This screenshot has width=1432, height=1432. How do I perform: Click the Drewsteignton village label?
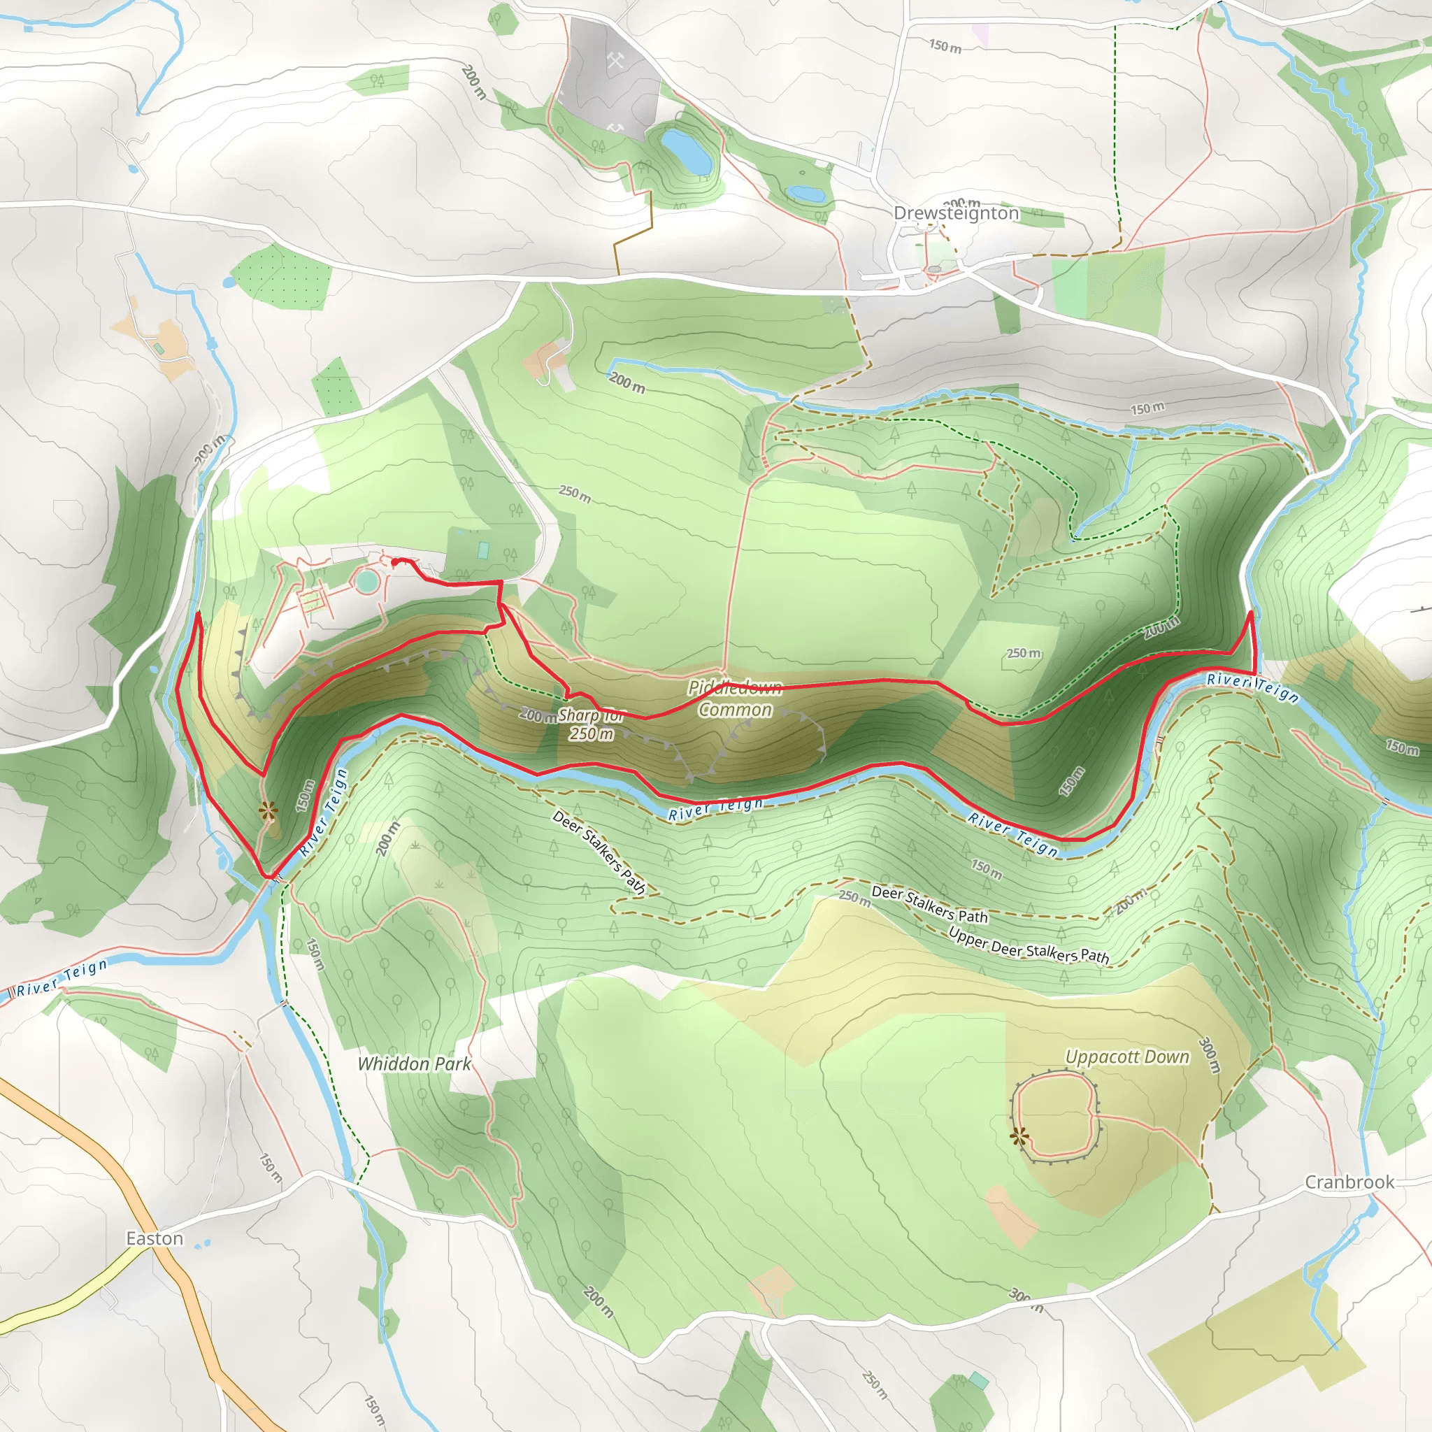point(956,213)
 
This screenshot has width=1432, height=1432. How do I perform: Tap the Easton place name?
point(154,1238)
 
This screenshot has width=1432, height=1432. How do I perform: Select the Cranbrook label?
point(1349,1182)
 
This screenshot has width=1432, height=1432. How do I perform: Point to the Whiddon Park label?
point(415,1064)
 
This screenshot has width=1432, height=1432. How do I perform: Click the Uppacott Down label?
point(1126,1057)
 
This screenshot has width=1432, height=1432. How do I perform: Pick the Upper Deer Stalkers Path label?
point(1029,946)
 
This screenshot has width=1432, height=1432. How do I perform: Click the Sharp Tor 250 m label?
point(592,725)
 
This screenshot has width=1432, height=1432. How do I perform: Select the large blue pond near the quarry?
point(687,150)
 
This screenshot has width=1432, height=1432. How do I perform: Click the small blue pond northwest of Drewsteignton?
point(805,194)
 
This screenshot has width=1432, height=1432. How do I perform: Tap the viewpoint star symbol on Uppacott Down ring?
point(1020,1136)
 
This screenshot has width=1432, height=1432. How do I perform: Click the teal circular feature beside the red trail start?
point(366,581)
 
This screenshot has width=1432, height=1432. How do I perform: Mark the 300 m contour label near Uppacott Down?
point(1209,1054)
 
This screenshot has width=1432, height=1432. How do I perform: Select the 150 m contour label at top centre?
point(945,47)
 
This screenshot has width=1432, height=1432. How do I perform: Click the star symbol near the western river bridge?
point(268,812)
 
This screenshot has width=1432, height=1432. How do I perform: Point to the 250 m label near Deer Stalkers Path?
point(854,897)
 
